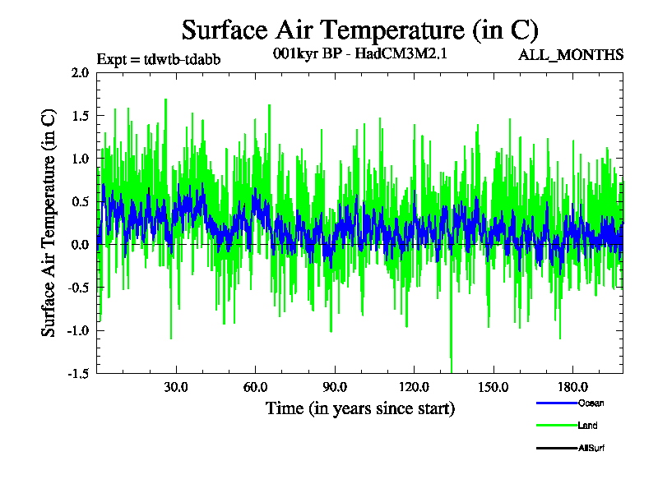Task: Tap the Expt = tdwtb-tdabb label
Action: pos(158,59)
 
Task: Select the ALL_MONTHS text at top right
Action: pos(571,55)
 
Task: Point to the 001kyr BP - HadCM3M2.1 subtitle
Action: pos(359,55)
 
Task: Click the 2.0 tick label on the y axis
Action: pos(80,72)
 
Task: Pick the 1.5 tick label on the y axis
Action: pos(80,115)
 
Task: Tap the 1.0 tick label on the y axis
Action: pos(80,158)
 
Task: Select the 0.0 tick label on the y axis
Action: pos(80,244)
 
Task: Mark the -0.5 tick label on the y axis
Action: pos(77,287)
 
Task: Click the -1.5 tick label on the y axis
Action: pos(77,373)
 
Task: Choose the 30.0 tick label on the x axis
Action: pos(176,387)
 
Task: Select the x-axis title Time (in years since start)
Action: pos(360,408)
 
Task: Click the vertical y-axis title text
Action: pos(49,223)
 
